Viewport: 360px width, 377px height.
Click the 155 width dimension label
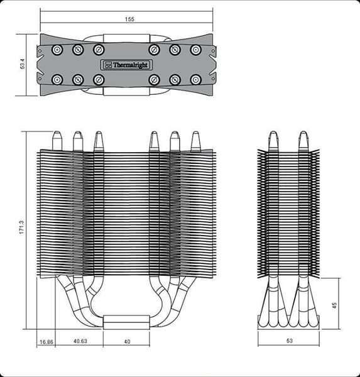coord(129,19)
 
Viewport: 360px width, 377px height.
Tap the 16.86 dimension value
coord(45,342)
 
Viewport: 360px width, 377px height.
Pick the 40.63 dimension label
coord(80,342)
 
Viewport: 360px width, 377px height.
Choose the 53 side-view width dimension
coord(288,342)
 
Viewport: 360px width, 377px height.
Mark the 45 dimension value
coord(334,305)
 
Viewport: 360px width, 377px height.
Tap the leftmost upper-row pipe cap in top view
coord(57,50)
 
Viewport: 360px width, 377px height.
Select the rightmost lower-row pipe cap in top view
coord(195,79)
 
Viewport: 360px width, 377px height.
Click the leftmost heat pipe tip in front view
coord(57,139)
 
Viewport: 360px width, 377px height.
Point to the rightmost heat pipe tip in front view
coord(195,139)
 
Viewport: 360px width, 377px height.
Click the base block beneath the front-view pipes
coord(126,322)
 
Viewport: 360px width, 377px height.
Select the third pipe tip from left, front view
coord(98,139)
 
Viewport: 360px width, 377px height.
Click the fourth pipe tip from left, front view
coord(154,139)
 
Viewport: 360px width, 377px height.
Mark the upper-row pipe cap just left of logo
coord(98,50)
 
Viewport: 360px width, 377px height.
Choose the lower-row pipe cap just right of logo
coord(154,79)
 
